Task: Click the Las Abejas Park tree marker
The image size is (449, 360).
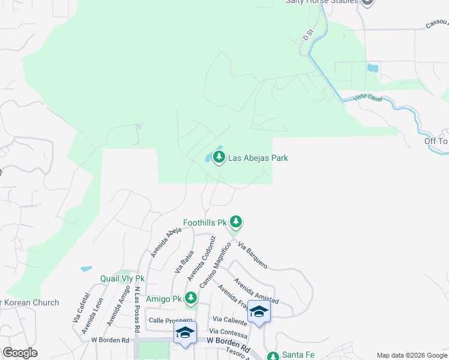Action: click(x=219, y=157)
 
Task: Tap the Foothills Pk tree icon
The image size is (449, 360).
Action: click(x=237, y=222)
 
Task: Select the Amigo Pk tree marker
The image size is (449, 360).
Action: click(x=191, y=298)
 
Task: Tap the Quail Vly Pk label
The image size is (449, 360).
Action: click(x=122, y=278)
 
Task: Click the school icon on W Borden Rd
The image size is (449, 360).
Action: click(x=185, y=333)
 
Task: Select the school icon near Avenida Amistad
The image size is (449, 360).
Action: click(x=259, y=311)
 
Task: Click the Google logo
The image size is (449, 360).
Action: click(x=20, y=353)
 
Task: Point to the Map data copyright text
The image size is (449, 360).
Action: click(x=412, y=355)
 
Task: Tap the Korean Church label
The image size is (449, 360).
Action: click(x=30, y=303)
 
